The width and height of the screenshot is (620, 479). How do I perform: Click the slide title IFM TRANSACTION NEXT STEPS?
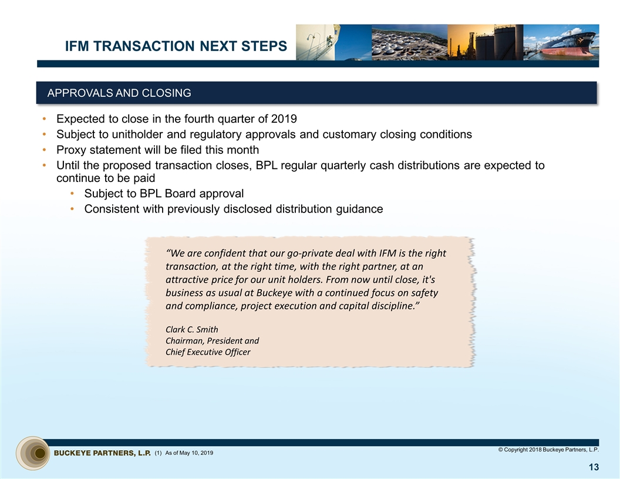pos(176,46)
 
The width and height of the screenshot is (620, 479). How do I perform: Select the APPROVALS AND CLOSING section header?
pos(119,93)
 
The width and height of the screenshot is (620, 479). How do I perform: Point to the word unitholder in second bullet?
pos(132,134)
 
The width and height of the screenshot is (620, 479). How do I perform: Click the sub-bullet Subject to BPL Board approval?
pos(164,194)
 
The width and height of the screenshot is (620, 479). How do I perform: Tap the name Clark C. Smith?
pos(192,329)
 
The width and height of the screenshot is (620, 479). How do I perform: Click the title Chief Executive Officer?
pos(208,352)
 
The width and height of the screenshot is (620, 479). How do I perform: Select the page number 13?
pos(593,467)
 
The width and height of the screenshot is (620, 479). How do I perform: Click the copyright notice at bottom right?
pos(548,450)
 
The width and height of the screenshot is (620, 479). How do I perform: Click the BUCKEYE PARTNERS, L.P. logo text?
pos(103,453)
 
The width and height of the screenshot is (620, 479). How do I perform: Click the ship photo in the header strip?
pos(561,42)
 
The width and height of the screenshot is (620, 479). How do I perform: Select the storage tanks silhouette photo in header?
pos(485,42)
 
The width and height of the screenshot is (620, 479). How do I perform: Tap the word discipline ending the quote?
pos(395,306)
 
